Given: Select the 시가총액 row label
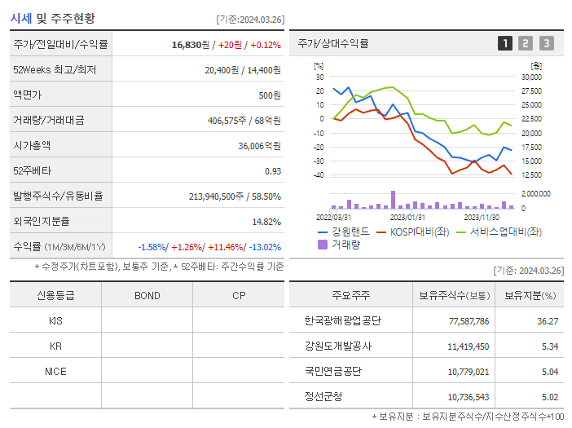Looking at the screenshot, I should (x=32, y=146).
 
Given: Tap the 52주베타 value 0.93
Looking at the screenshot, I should (x=272, y=171).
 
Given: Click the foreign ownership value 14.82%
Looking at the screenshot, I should (x=266, y=222).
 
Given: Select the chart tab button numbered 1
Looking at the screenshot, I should (x=505, y=43).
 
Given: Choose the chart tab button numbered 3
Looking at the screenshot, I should (x=546, y=43).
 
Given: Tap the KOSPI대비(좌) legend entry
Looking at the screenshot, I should (x=417, y=232).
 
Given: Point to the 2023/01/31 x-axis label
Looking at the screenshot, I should (x=407, y=217).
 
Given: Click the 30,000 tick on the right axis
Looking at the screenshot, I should (x=530, y=77).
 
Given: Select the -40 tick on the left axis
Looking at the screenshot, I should (x=319, y=175).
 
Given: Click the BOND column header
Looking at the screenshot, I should (x=147, y=295).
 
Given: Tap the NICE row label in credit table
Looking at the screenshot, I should (x=55, y=371).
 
